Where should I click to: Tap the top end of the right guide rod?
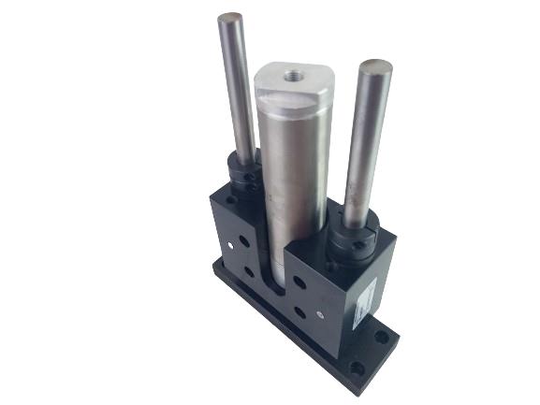[378, 66]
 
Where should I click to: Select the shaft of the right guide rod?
[366, 150]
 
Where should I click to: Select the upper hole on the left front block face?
[244, 240]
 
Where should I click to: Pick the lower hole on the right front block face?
[300, 312]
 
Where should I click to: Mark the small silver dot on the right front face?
[324, 311]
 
